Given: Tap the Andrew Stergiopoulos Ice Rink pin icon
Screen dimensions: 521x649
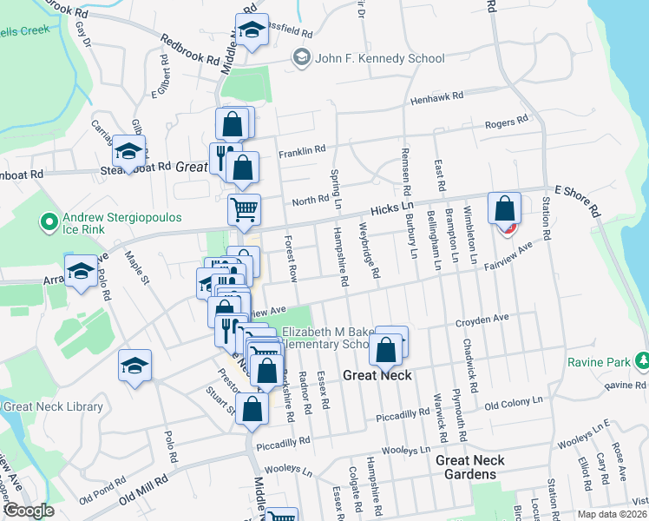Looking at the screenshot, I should coord(50,223).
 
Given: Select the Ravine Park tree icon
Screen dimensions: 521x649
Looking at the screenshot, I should coord(642,359).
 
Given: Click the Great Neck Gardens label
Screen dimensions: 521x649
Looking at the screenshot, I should coord(466,467).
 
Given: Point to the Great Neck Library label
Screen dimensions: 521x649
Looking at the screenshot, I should coord(53,406).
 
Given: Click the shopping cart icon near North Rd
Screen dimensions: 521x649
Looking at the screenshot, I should coord(244,208).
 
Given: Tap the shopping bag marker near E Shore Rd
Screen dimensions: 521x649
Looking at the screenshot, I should coord(504,208).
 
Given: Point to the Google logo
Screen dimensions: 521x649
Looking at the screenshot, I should coord(28,511).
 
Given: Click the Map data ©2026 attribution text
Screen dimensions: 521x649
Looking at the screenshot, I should coord(613,514).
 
